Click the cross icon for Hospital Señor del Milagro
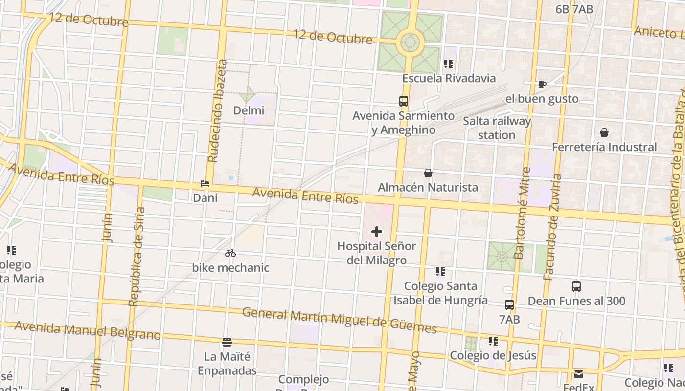(x=377, y=231)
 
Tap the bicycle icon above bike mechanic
(x=230, y=253)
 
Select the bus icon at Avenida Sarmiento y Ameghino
(x=404, y=101)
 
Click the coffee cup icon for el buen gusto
(x=542, y=84)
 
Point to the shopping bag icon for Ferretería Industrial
(x=604, y=132)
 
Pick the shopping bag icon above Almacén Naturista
(x=428, y=173)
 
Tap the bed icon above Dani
(x=205, y=184)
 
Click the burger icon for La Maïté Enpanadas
(x=227, y=342)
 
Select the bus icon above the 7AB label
(x=509, y=305)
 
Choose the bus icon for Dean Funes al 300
(x=576, y=286)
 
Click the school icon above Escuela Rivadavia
(x=449, y=64)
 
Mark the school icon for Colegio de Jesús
(x=493, y=341)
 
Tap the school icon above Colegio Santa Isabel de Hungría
(x=440, y=271)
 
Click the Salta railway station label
(x=497, y=128)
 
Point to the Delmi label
(x=249, y=110)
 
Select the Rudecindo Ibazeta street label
(x=218, y=111)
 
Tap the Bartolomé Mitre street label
(x=522, y=213)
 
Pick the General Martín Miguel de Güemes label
(x=340, y=320)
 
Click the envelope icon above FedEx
(x=579, y=375)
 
